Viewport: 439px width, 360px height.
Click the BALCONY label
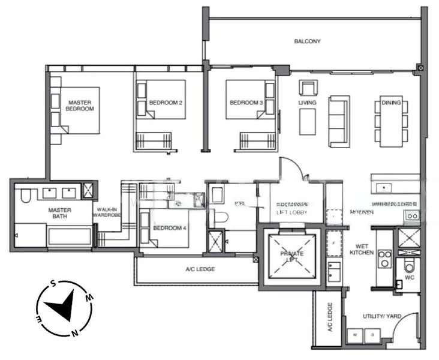[307, 41]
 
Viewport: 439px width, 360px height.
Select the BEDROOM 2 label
[166, 103]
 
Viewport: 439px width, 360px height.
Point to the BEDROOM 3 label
[246, 103]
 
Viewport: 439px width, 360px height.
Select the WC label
[410, 278]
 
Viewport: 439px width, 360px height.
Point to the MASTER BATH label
[60, 214]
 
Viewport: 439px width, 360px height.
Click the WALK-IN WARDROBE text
[108, 214]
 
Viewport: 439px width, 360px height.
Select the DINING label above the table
[391, 103]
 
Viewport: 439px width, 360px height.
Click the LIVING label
[307, 103]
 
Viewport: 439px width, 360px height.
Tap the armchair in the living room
[308, 88]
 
